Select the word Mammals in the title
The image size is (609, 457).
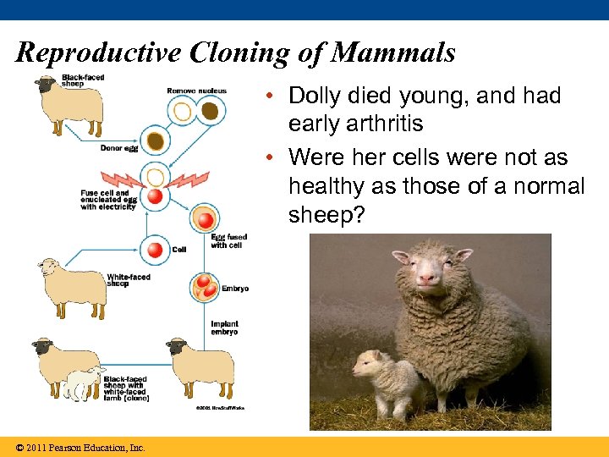(x=393, y=53)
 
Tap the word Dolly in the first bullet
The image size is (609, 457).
(x=318, y=96)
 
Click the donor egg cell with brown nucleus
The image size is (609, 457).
(x=155, y=140)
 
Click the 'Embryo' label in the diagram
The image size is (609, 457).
(x=235, y=289)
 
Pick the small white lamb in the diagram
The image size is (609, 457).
(x=82, y=383)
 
